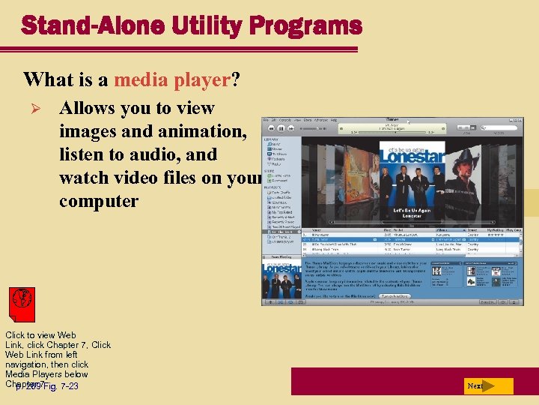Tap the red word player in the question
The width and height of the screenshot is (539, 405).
[x=202, y=79]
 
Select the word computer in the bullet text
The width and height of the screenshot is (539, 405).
[x=99, y=201]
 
